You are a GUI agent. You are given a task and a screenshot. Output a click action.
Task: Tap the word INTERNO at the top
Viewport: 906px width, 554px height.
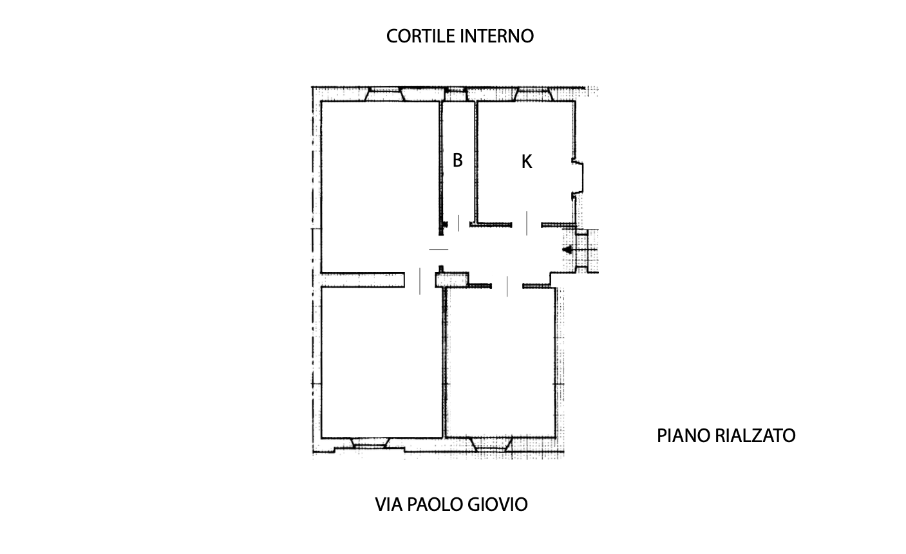point(497,37)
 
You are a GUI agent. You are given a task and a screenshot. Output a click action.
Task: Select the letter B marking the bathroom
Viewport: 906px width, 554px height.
point(457,160)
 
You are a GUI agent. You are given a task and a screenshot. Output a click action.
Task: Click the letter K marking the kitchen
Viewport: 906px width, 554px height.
point(527,162)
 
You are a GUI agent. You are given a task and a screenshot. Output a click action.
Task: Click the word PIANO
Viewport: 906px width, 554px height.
point(684,436)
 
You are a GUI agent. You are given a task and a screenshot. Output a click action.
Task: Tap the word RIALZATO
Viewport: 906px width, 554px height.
point(755,436)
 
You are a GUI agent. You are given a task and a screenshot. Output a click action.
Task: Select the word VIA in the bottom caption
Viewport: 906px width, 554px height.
point(389,504)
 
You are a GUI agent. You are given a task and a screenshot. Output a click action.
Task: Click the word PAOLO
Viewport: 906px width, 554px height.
point(435,504)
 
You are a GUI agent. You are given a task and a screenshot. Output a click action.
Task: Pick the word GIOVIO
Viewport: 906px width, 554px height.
point(498,504)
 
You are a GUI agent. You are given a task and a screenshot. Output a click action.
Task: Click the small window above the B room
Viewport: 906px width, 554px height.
point(456,94)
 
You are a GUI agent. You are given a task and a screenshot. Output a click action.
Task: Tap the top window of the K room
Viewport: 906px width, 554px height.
point(534,94)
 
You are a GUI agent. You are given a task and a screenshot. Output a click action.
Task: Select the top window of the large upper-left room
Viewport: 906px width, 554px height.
point(384,94)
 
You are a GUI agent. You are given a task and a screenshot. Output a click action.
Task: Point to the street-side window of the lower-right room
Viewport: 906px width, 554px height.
point(491,445)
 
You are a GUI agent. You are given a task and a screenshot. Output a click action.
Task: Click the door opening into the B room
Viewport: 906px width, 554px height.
point(458,223)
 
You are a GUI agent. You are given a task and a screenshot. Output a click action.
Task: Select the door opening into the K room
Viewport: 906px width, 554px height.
point(527,223)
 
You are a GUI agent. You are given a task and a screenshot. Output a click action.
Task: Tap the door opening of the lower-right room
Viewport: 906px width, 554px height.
point(507,286)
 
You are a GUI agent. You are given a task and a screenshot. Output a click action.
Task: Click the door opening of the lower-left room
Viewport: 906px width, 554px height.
point(420,281)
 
